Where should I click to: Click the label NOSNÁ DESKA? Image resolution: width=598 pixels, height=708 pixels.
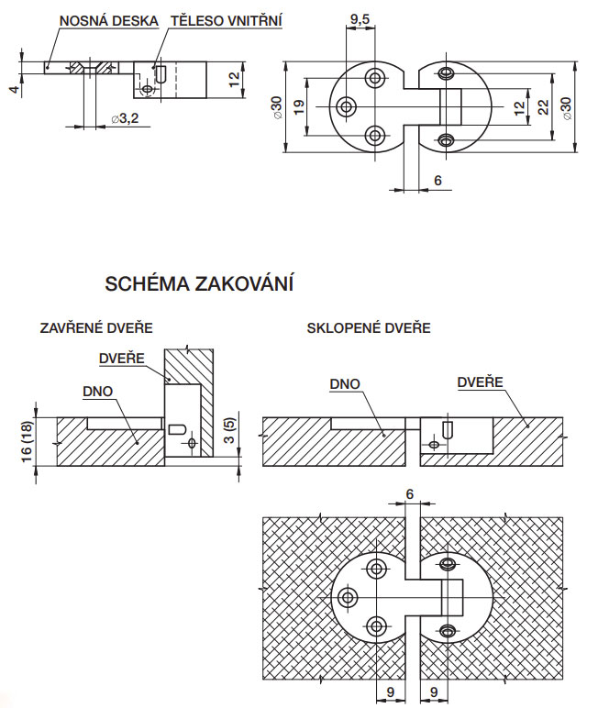tap(109, 21)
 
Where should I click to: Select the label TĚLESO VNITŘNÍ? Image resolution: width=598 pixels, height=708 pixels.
tap(227, 21)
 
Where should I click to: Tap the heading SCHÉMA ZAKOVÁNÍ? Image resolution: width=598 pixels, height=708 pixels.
tap(199, 283)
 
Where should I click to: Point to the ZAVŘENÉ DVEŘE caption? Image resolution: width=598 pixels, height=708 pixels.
tap(96, 327)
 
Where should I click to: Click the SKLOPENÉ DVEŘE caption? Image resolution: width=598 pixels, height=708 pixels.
tap(369, 327)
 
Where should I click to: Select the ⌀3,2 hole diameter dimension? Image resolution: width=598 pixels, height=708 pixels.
tap(125, 118)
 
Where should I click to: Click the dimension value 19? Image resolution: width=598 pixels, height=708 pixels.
tap(299, 106)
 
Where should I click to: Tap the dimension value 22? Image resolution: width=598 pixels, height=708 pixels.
tap(544, 106)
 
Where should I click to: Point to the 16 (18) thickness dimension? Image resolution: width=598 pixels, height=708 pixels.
tap(28, 441)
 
